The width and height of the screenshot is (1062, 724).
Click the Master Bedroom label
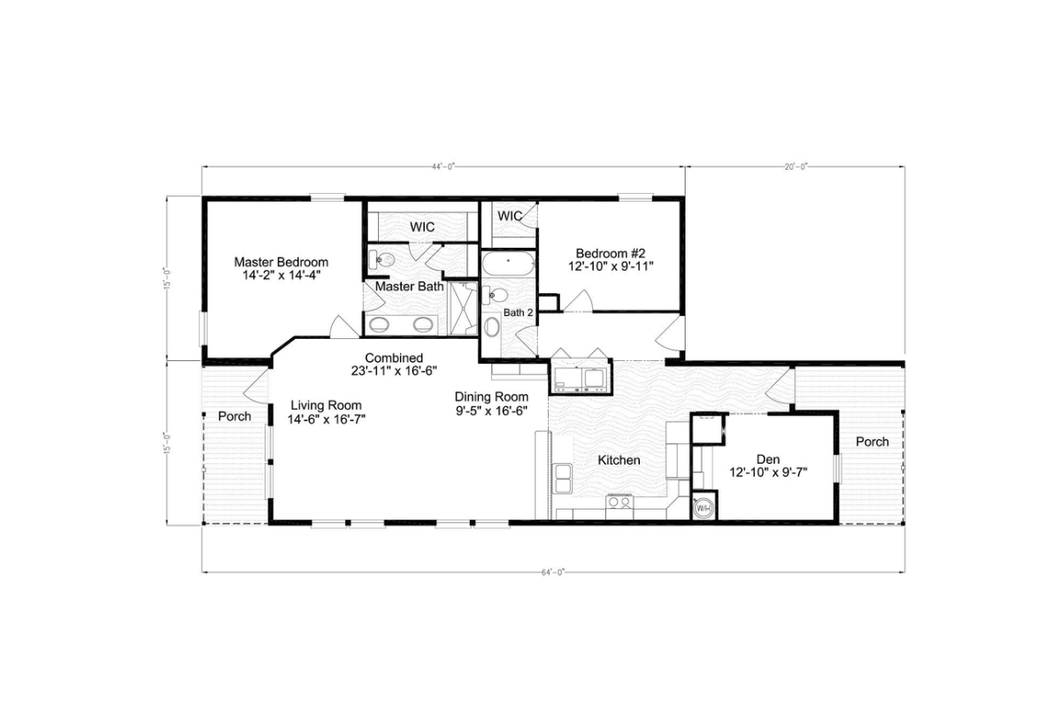point(281,262)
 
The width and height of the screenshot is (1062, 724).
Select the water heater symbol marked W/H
point(704,508)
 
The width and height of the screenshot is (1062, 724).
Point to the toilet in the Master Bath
point(382,260)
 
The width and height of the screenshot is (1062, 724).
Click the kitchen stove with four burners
point(619,504)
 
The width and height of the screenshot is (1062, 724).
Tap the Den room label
point(767,458)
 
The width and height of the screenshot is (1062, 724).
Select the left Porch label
point(235,416)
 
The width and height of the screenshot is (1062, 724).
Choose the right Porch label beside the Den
point(872,442)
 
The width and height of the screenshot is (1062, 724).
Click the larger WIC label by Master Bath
point(422,227)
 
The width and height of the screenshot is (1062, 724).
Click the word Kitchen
point(619,460)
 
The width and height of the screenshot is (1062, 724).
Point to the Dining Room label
point(491,397)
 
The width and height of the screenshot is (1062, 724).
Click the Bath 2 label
point(519,312)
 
